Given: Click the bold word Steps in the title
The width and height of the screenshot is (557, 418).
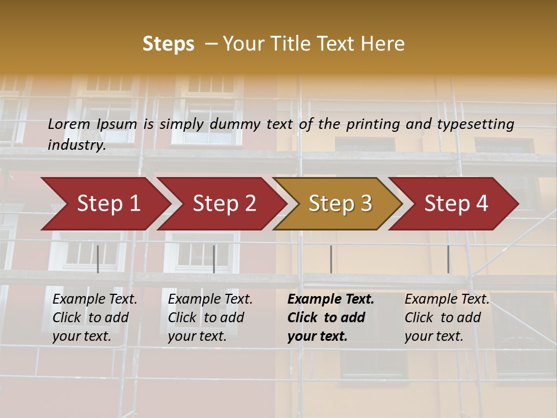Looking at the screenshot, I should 168,44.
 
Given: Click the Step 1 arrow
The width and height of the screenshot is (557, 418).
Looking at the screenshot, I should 104,204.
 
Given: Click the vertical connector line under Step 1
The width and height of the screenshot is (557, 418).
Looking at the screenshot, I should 98,259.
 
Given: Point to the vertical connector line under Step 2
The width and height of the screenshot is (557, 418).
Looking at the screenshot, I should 214,259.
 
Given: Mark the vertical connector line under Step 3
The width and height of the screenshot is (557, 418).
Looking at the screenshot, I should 331,259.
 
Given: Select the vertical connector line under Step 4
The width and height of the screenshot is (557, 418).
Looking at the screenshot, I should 448,259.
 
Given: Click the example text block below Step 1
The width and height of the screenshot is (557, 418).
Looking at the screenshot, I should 94,318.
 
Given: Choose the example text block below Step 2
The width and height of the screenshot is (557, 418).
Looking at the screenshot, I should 209,318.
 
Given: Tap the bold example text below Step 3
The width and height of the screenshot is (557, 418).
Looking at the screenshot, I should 330,318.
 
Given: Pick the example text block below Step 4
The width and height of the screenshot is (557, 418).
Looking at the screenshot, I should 446,318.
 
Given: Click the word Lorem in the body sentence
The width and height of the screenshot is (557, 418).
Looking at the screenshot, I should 69,124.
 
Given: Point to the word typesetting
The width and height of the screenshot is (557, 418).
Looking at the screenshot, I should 475,124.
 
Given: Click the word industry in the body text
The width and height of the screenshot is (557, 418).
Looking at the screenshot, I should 77,145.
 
